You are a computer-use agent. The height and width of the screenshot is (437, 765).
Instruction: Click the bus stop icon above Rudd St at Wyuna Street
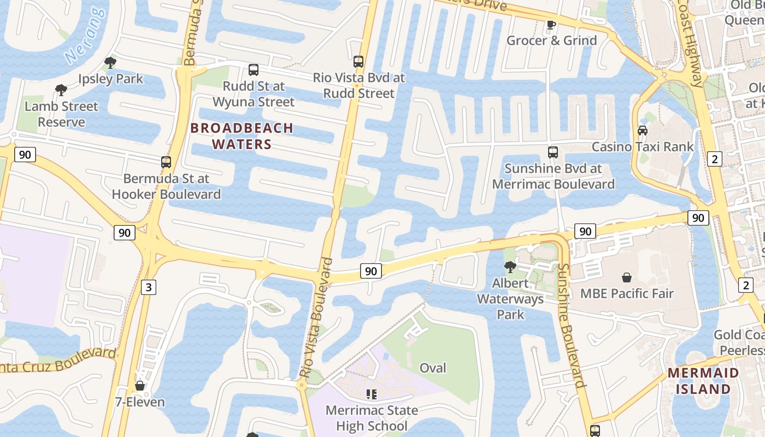pos(254,70)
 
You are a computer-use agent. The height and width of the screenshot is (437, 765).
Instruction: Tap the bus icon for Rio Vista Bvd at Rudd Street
pos(358,62)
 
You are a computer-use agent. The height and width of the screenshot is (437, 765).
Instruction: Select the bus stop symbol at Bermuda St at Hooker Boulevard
pos(166,162)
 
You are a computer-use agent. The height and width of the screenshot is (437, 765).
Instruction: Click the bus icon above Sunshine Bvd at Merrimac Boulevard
pos(553,152)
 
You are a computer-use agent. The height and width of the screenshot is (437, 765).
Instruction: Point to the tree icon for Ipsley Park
pos(110,63)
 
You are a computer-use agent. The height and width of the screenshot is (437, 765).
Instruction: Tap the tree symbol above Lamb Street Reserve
pos(61,90)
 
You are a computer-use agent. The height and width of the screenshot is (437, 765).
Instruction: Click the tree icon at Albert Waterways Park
pos(510,267)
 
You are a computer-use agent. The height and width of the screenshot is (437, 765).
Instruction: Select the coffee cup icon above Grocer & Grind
pos(551,25)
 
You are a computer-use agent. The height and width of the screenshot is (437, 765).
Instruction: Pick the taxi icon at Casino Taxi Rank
pos(643,131)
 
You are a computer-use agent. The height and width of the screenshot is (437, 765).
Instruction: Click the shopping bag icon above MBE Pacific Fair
pos(627,277)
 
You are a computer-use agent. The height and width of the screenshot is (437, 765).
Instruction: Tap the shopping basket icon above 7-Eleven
pos(140,386)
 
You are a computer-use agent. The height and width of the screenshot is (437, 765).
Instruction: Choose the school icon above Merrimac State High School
pos(372,394)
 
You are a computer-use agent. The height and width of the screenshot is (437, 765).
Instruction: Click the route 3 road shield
pos(149,287)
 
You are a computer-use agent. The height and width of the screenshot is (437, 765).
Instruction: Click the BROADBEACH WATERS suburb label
pos(242,136)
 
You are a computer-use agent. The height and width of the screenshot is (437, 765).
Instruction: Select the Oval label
pos(433,368)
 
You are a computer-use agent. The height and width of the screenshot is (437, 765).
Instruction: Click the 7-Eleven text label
pos(140,403)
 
